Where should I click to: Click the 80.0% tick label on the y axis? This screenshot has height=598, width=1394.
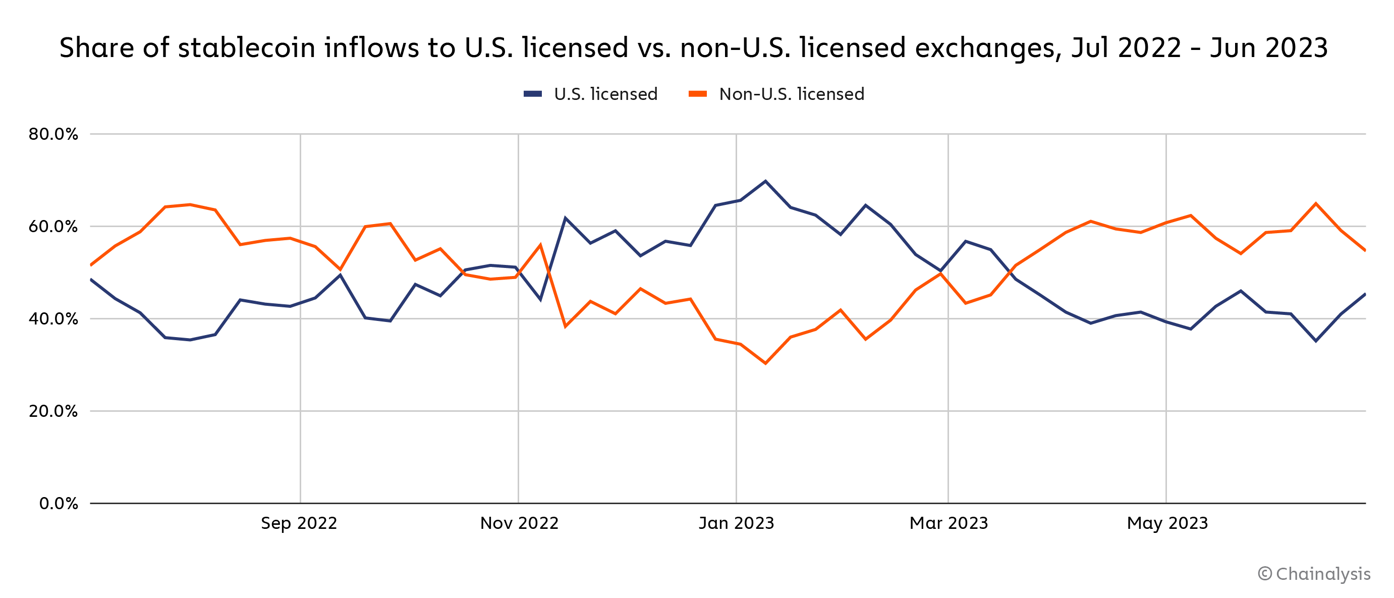(x=53, y=134)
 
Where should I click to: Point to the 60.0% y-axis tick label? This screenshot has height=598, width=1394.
(x=53, y=226)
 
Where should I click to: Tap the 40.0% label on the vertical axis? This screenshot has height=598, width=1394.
(x=53, y=319)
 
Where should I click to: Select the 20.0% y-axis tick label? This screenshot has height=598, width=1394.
(x=53, y=411)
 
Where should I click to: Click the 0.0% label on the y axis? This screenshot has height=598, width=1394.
(x=59, y=504)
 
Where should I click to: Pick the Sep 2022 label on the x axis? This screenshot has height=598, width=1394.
(x=299, y=523)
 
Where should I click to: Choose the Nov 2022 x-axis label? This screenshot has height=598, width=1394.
(x=519, y=523)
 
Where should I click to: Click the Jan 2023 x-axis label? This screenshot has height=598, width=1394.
(x=736, y=523)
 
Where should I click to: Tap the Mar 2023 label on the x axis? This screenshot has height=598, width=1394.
(x=949, y=523)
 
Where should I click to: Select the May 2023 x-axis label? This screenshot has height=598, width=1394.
(x=1167, y=523)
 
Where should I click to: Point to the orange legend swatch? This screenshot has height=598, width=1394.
(x=698, y=94)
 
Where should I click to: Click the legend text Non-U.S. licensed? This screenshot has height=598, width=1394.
(x=791, y=94)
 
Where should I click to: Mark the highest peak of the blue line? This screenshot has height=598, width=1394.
(x=765, y=181)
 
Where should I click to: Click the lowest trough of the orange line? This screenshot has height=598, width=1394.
(x=765, y=364)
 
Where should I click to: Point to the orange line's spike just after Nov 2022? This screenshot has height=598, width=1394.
(x=540, y=245)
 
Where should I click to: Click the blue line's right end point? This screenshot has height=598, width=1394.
(x=1365, y=294)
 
